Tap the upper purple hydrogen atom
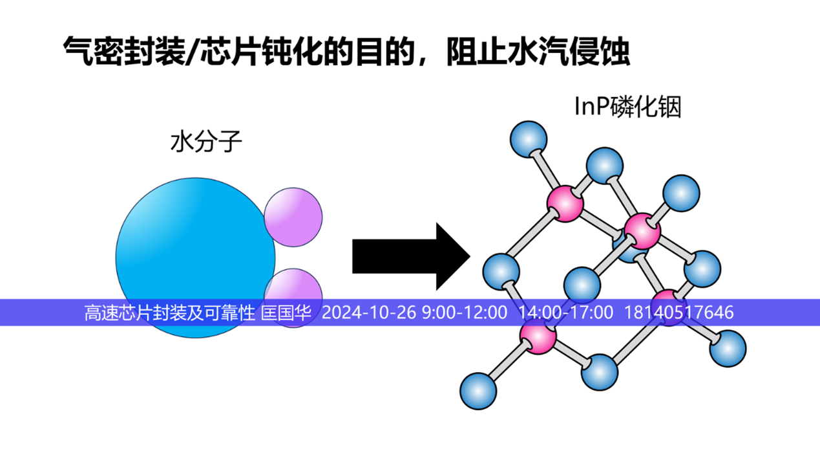pyautogui.click(x=293, y=217)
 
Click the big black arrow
pyautogui.click(x=410, y=256)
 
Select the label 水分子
pyautogui.click(x=206, y=141)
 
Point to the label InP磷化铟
pyautogui.click(x=627, y=107)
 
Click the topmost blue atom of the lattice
pyautogui.click(x=529, y=138)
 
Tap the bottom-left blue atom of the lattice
pyautogui.click(x=478, y=390)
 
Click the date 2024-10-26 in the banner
pyautogui.click(x=369, y=313)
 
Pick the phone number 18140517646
pyautogui.click(x=678, y=313)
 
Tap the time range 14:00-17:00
pyautogui.click(x=565, y=313)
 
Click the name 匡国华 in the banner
pyautogui.click(x=286, y=313)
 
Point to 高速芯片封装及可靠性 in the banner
pyautogui.click(x=170, y=313)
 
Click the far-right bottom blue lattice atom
pyautogui.click(x=728, y=348)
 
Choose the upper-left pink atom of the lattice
pyautogui.click(x=565, y=203)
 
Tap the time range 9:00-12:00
pyautogui.click(x=464, y=313)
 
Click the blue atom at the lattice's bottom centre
pyautogui.click(x=600, y=372)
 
